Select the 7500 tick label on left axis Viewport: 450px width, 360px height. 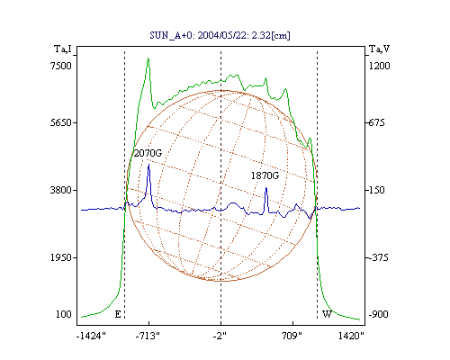pos(61,66)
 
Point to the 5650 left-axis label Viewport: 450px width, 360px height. pos(61,122)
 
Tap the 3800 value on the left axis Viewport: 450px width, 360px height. pos(61,190)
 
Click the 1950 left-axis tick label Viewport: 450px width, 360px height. pos(61,257)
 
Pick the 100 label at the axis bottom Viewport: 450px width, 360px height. pos(64,314)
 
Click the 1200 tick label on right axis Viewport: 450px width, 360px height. pos(379,66)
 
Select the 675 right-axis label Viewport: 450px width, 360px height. pos(376,122)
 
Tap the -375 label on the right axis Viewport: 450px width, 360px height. pos(378,257)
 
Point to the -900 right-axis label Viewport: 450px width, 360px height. pos(378,314)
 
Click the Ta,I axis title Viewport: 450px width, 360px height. pos(63,49)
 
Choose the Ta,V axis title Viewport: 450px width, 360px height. pos(379,49)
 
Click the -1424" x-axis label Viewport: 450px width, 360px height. pos(91,336)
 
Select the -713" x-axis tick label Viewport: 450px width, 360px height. pos(148,336)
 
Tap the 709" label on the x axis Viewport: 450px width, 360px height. pos(292,336)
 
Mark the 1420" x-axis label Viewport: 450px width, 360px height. pos(351,336)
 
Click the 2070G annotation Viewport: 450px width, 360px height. pos(148,153)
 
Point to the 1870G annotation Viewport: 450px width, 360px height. pos(265,175)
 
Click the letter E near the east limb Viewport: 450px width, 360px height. pos(118,314)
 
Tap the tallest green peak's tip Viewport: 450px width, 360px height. pos(148,58)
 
